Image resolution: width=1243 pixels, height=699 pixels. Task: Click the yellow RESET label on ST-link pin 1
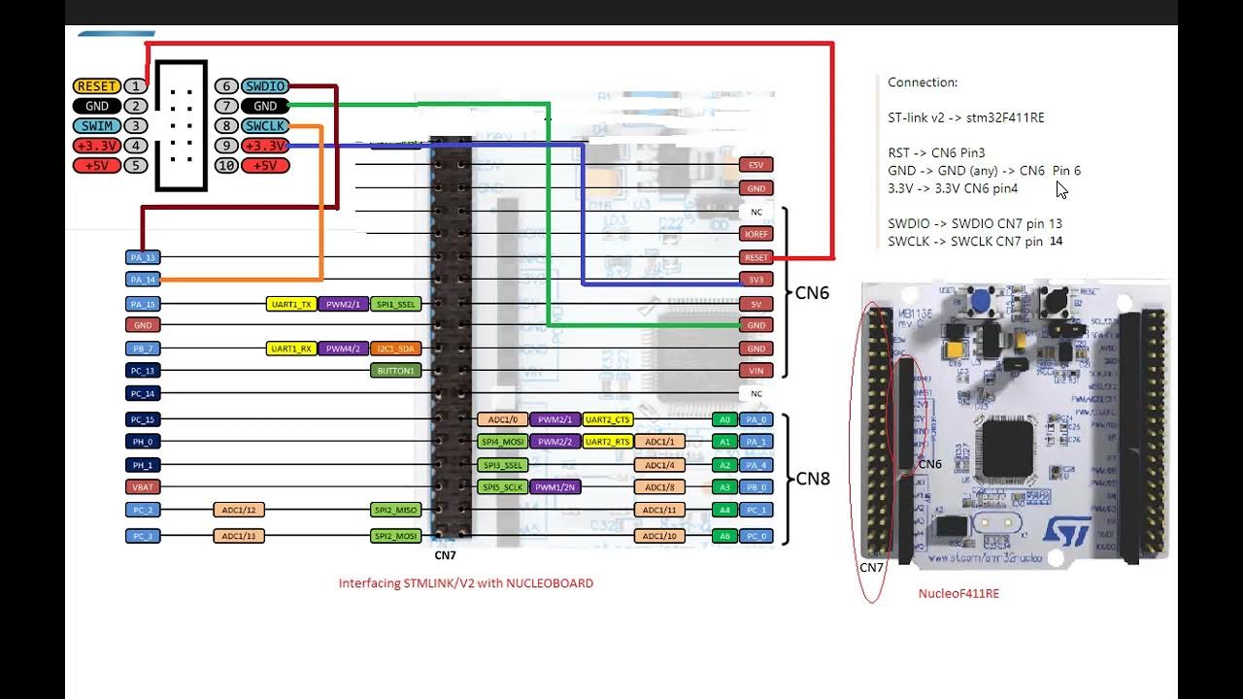coord(96,86)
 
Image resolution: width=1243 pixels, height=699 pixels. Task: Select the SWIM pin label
coord(96,126)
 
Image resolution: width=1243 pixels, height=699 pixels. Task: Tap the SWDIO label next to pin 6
coord(264,86)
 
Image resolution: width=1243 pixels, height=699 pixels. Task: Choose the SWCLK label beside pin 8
coord(264,126)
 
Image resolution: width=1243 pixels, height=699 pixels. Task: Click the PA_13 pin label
coord(143,257)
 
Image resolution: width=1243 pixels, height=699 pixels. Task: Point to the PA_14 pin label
coord(143,280)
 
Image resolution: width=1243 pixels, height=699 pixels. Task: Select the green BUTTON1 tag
coord(396,371)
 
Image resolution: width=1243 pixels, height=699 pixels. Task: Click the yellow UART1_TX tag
coord(291,304)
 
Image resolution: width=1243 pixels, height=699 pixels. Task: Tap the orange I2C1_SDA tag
coord(396,349)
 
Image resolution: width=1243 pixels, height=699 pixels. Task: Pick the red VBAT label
coord(143,487)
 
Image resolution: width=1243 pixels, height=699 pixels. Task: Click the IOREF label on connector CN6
coord(756,234)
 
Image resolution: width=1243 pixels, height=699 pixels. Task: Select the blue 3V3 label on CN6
coord(756,280)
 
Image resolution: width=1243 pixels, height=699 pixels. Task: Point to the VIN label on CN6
coord(756,371)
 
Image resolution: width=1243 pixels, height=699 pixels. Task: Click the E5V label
coord(756,165)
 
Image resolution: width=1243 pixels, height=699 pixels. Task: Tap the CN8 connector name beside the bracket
coord(813,479)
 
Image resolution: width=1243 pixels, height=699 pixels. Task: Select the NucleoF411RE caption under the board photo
coord(958,593)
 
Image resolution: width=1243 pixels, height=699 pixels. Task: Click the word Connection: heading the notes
coord(923,83)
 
